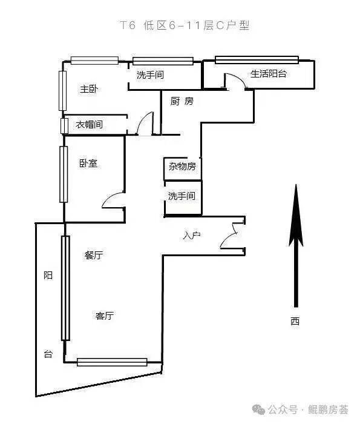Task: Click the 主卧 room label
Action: pos(89,88)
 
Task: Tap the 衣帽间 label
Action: pos(89,124)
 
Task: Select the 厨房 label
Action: pos(182,101)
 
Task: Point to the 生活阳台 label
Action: pos(269,73)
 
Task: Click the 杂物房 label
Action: pos(182,166)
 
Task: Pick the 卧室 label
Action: pos(88,163)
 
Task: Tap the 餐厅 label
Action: pos(94,255)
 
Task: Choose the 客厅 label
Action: pos(105,316)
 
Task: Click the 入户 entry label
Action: pos(191,235)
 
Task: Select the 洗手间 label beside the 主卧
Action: pos(150,75)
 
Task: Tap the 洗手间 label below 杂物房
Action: pos(182,196)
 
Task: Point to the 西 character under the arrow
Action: pos(295,321)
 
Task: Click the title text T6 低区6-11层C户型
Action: pos(185,25)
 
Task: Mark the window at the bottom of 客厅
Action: pos(112,362)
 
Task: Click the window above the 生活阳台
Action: pos(257,60)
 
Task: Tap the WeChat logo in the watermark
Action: pos(258,409)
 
